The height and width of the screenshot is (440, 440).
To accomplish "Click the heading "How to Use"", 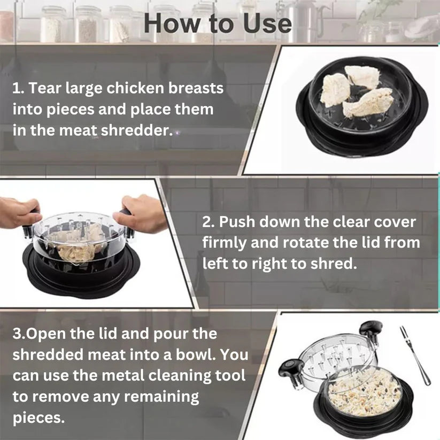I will point(218,24).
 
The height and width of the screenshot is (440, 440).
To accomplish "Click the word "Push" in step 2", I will point(241,221).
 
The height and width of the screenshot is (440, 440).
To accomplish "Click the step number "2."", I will point(209,221).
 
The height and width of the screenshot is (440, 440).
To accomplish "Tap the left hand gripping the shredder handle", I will point(19,211).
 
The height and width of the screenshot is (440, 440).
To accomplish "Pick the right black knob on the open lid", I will point(370,327).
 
